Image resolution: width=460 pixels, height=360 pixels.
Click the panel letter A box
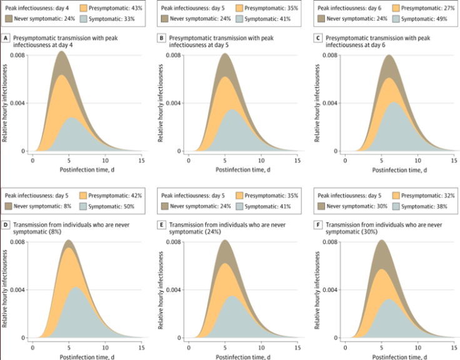click(x=6, y=39)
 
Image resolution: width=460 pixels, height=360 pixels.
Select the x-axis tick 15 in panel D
click(x=142, y=347)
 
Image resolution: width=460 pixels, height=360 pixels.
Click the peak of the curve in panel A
click(x=61, y=51)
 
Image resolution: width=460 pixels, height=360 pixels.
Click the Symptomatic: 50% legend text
click(x=114, y=206)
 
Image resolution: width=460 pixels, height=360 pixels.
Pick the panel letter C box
click(x=319, y=39)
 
